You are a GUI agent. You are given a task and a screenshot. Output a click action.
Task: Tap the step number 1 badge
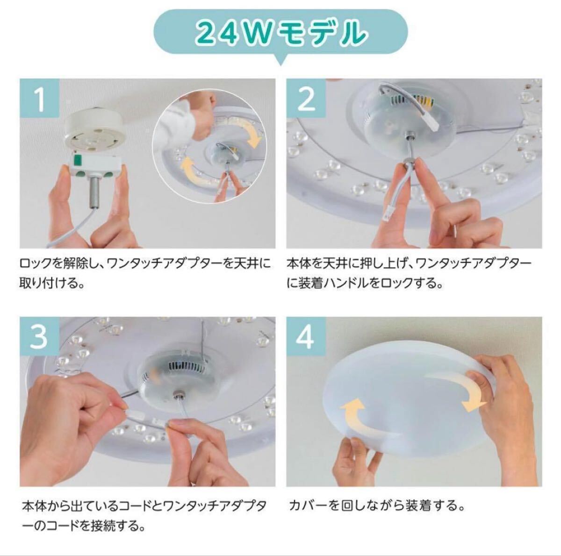pyautogui.click(x=40, y=98)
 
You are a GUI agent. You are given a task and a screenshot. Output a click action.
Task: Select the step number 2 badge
pyautogui.click(x=306, y=98)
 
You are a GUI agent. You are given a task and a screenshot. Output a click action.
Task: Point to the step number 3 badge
pyautogui.click(x=40, y=336)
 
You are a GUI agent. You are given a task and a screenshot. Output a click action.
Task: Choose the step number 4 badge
pyautogui.click(x=306, y=336)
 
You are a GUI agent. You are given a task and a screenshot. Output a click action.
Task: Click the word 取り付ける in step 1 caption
pyautogui.click(x=48, y=283)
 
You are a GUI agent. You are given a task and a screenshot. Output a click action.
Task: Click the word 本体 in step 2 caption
pyautogui.click(x=299, y=264)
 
